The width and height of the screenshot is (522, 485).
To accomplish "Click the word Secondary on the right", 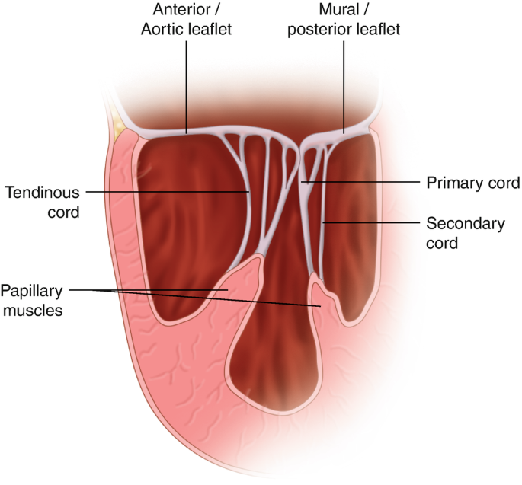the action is click(x=464, y=224).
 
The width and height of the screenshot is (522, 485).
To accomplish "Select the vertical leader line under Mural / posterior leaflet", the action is click(x=344, y=84).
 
